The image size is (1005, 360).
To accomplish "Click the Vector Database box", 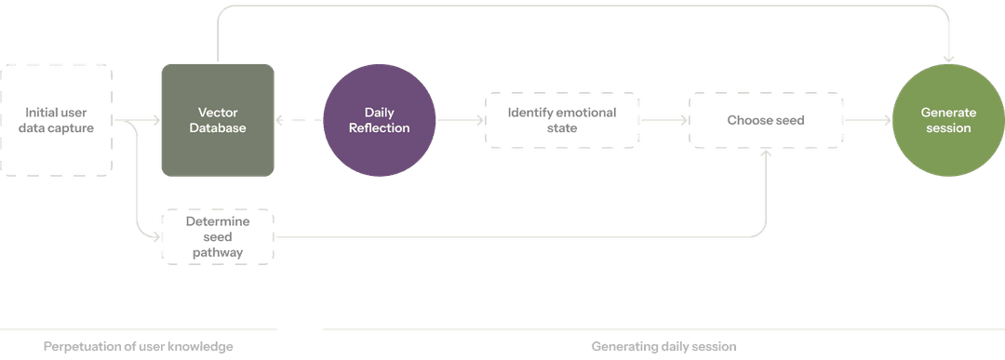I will click(218, 120).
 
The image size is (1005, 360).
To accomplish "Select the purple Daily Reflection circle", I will click(379, 121).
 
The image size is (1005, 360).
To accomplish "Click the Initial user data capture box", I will click(57, 120).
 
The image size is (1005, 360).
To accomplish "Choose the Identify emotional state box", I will click(563, 121).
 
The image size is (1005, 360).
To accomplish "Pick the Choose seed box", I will click(766, 120).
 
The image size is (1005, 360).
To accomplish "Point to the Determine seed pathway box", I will click(218, 236).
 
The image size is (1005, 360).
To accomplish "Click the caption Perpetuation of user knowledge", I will click(137, 346).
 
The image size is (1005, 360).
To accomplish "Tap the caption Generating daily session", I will click(663, 346).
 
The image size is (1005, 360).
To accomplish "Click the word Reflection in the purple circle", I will click(379, 128).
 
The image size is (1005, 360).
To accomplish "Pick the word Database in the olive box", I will click(218, 128).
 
